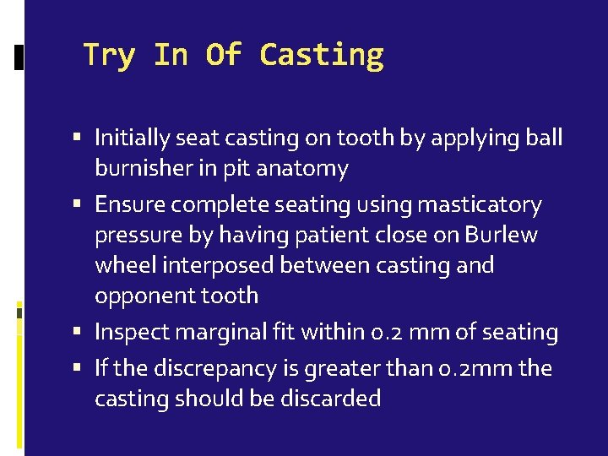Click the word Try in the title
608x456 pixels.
pos(108,55)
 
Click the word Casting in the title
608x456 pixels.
pos(322,55)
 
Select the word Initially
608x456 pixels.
pos(132,138)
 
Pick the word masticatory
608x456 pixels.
pos(492,204)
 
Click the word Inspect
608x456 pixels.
pos(128,332)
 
